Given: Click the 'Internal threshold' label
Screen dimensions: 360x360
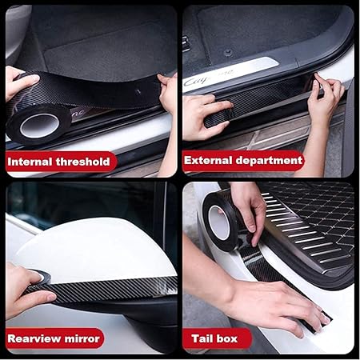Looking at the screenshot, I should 58,162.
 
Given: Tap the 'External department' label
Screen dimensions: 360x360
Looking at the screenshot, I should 242,160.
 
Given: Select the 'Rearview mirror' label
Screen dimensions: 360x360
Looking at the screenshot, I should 54,338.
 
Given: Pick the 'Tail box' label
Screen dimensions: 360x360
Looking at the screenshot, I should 217,338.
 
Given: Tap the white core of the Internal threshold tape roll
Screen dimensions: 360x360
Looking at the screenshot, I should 38,126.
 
